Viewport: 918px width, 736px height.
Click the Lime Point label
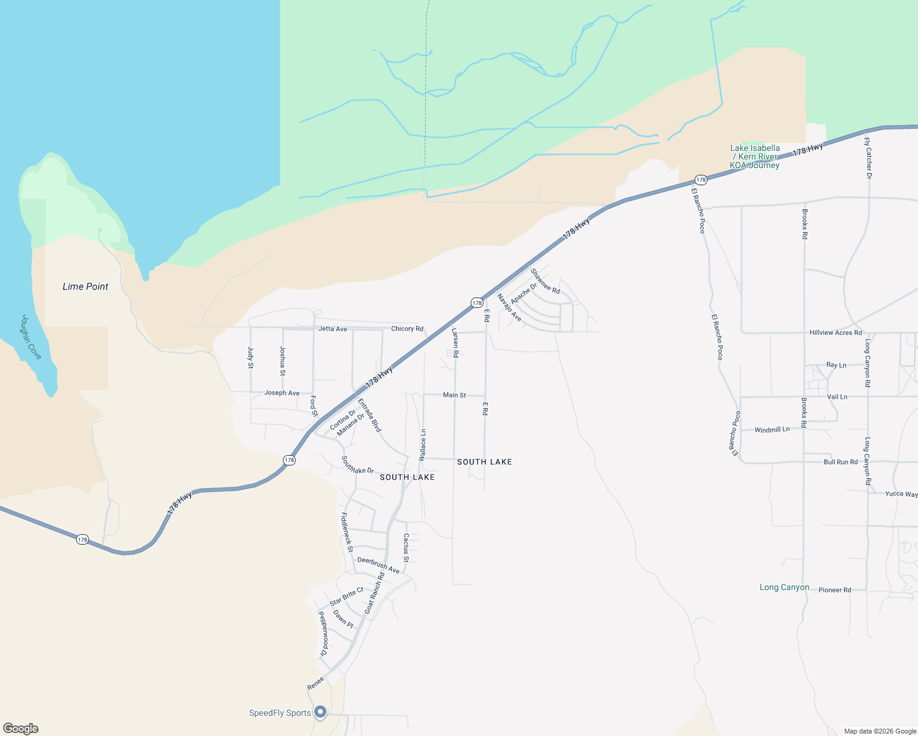tap(85, 286)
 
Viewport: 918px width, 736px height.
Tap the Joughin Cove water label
tap(31, 337)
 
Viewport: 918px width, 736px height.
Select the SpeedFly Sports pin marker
tap(320, 712)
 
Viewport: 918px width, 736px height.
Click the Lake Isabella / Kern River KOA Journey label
tap(755, 156)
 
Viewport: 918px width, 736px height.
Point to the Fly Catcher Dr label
tap(868, 158)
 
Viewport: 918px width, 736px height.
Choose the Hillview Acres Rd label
tap(835, 332)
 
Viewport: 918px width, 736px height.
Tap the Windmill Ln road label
tap(772, 430)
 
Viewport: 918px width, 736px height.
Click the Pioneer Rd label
tap(835, 590)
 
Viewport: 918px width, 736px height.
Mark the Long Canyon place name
tap(784, 587)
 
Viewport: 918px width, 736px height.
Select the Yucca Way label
tap(901, 494)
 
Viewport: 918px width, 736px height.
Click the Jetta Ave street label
tap(333, 329)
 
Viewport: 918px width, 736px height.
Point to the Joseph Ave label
tap(282, 393)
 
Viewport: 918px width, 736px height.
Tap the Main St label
tap(454, 395)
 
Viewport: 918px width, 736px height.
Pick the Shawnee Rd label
tap(546, 281)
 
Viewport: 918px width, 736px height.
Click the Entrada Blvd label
tap(369, 415)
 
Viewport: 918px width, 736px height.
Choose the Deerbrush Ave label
tap(378, 565)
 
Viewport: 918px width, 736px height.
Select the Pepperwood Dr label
tap(323, 634)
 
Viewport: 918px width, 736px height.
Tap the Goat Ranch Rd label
tap(374, 593)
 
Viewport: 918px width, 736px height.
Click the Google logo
tap(21, 729)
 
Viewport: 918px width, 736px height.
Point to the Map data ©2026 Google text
tap(879, 731)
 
